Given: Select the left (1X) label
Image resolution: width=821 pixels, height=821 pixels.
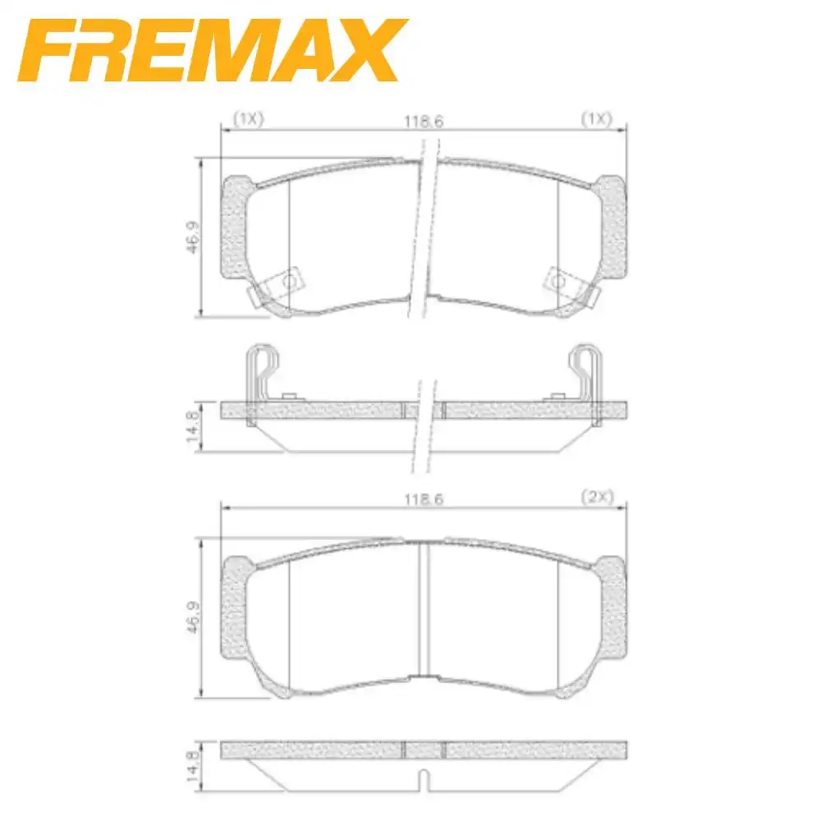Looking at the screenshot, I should click(x=247, y=119).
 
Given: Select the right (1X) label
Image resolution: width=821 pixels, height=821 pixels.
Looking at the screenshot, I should click(x=597, y=119).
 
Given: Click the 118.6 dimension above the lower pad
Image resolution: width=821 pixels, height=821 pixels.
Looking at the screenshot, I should click(x=424, y=499).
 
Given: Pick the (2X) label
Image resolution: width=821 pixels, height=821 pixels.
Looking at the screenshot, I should click(x=597, y=498).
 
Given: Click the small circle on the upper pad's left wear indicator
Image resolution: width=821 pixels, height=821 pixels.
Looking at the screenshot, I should click(x=289, y=282).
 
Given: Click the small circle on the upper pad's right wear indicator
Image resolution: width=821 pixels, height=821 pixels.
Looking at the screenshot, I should click(x=559, y=282).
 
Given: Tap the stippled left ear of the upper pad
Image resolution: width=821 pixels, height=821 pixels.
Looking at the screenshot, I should click(x=234, y=230).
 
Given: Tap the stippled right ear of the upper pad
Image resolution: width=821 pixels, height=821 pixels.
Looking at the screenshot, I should click(x=614, y=230).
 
